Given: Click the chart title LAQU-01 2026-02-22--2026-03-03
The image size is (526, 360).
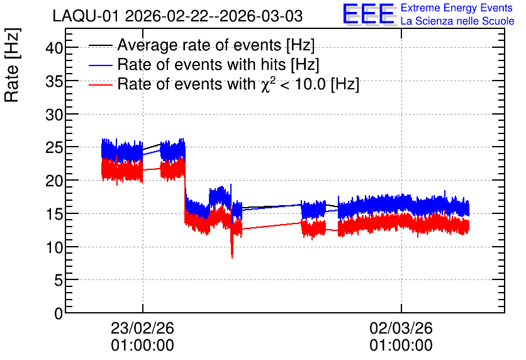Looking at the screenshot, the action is point(177,16).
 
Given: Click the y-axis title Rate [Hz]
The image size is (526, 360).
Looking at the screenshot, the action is point(12,65).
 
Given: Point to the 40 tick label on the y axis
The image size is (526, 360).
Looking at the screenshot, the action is point(54,48).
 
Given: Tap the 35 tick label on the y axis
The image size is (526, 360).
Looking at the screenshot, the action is point(54,81).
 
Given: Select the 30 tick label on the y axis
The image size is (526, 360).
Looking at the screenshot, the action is point(54,115).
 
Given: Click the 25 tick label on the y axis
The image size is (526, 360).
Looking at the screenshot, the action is point(54,147).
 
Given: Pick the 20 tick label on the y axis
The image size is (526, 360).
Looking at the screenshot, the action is point(54,181).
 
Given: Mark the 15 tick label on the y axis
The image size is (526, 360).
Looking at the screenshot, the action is point(54,214).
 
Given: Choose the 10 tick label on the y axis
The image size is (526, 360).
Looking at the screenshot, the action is point(54,247).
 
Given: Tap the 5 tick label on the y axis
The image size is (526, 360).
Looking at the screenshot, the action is point(59,280).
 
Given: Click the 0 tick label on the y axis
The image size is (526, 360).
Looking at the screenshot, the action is point(59,313).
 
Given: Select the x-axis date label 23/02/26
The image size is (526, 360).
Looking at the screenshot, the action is point(143,328).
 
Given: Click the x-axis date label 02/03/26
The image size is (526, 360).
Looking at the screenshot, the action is point(401,328).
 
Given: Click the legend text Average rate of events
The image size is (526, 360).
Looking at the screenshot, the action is point(199,45).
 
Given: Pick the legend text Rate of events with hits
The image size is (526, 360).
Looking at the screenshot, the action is point(201,64).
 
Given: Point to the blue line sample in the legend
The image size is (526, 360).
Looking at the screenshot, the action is point(100,65).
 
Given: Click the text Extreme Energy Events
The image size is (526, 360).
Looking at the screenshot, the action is point(457,8).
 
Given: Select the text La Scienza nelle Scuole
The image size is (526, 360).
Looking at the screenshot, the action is point(457,21).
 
